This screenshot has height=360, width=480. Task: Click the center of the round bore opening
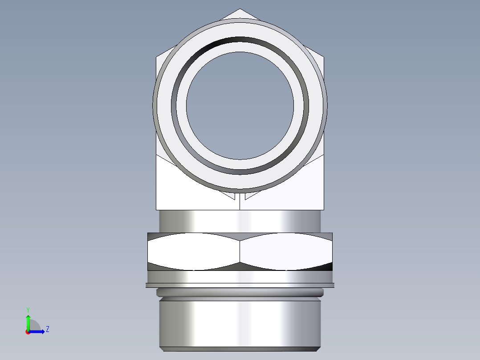[240, 106]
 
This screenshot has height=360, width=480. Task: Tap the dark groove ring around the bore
[240, 40]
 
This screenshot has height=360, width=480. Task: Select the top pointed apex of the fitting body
[240, 10]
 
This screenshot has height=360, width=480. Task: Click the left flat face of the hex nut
[194, 252]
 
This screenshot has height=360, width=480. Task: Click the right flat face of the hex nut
[286, 252]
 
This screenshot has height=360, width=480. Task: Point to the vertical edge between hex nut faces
[240, 252]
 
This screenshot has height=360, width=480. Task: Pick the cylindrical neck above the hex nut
[240, 221]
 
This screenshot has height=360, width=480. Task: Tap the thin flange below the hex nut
[240, 285]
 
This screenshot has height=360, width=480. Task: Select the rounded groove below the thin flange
[240, 293]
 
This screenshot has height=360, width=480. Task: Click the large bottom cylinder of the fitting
[240, 323]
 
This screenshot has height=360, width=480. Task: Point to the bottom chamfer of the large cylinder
[240, 349]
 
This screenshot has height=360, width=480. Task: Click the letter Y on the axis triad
[28, 309]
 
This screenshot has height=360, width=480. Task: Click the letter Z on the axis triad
[47, 329]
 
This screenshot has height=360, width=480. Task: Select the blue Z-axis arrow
[38, 331]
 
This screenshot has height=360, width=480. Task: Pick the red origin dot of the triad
[28, 332]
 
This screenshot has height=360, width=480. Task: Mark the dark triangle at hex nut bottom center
[240, 266]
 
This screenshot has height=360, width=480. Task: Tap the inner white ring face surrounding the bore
[240, 47]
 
